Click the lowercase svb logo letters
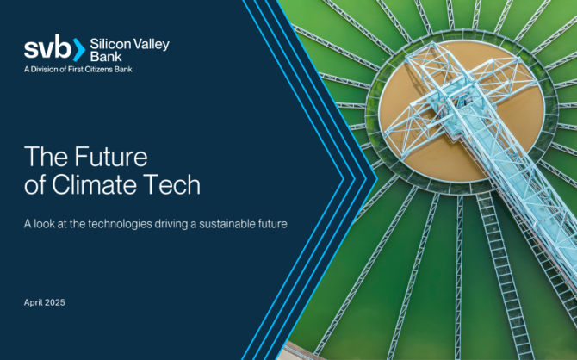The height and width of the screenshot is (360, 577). [47, 47]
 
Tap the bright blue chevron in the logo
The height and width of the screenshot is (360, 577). [79, 49]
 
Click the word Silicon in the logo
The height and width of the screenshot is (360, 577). [110, 44]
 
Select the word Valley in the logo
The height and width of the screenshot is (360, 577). [152, 45]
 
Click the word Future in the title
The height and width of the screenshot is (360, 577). [111, 157]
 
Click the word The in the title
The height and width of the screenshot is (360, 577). [47, 157]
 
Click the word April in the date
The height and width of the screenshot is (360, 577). [33, 302]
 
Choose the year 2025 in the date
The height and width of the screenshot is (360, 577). [55, 302]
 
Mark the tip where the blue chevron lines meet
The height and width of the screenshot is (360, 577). [377, 179]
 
